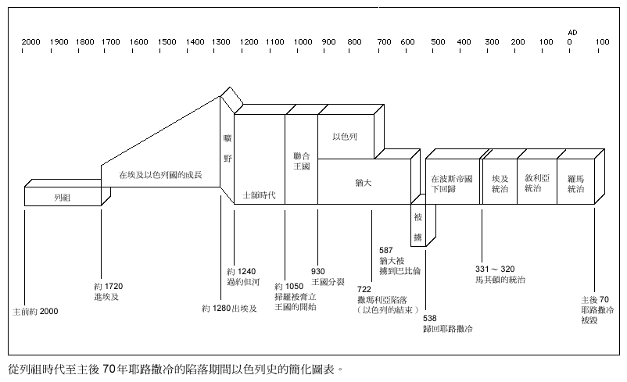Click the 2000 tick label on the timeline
[x=31, y=42]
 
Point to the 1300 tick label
[x=222, y=42]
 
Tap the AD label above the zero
[x=572, y=32]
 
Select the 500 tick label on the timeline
[x=438, y=42]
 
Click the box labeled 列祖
[x=63, y=198]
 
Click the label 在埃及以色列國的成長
[x=160, y=175]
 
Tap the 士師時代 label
[x=260, y=194]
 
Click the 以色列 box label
[x=345, y=136]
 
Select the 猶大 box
[x=363, y=182]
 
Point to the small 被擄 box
[x=418, y=226]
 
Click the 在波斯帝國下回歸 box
[x=452, y=184]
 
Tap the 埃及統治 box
[x=499, y=184]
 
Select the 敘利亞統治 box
[x=536, y=184]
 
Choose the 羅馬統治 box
[x=576, y=184]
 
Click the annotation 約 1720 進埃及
[x=108, y=292]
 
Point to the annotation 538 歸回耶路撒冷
[x=446, y=324]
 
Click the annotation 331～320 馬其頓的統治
[x=500, y=273]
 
